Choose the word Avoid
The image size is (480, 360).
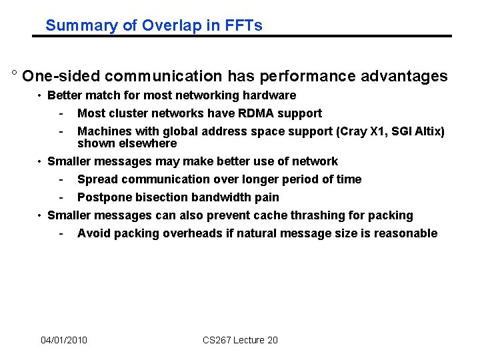coord(92,233)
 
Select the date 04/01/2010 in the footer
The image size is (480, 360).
coord(64,341)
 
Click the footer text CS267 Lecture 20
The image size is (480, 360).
coord(240,341)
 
